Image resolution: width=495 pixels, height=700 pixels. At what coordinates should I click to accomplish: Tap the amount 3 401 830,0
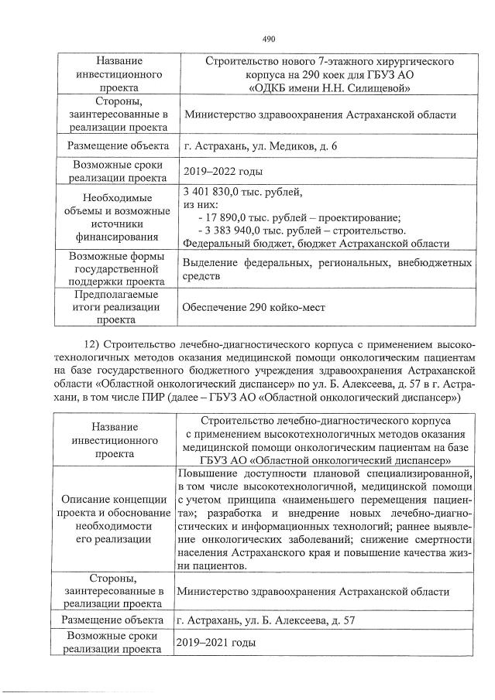coord(217,192)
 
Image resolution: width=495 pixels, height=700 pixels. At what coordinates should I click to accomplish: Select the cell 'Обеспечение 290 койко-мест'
coord(253,307)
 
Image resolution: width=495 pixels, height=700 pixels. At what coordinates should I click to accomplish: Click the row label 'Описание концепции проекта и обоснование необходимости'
coord(115,517)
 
